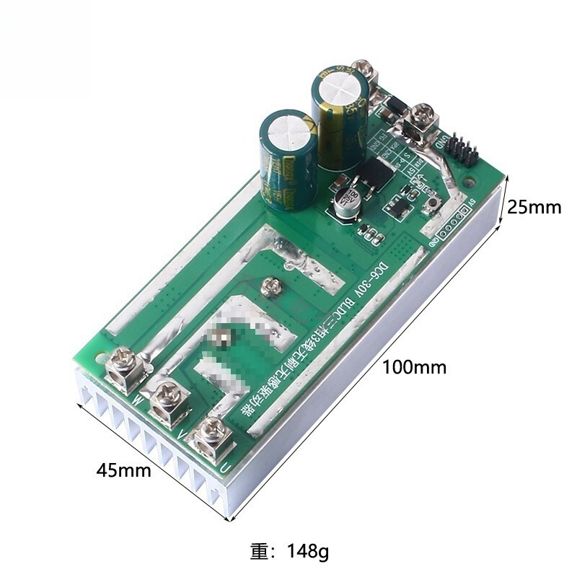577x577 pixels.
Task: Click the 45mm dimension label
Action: pyautogui.click(x=125, y=471)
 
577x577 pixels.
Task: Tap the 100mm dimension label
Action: pyautogui.click(x=414, y=367)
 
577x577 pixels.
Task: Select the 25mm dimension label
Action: pyautogui.click(x=534, y=208)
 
